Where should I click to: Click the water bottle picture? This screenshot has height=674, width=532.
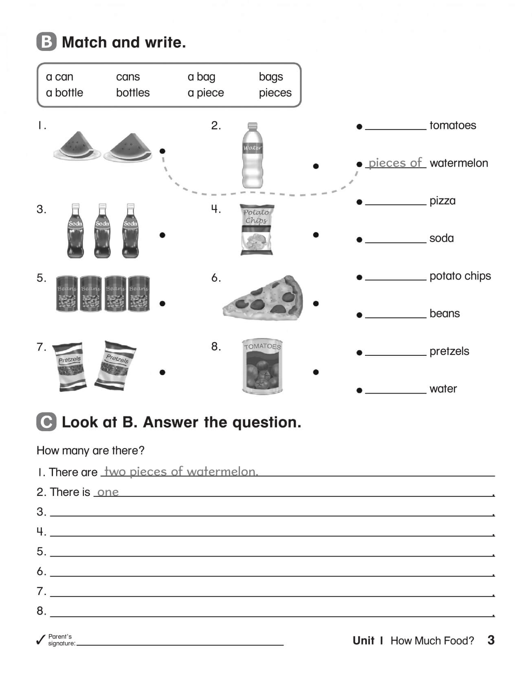[252, 156]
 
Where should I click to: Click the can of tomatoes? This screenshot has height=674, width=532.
[262, 367]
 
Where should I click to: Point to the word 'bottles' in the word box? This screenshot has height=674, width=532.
[133, 93]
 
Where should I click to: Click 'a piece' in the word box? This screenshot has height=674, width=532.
[206, 93]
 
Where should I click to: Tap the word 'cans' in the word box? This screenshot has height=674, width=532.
[128, 77]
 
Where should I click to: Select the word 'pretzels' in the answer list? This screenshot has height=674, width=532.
[449, 351]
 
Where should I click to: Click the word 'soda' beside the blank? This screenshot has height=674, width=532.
[441, 238]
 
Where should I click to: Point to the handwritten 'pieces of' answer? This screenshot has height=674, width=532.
[395, 163]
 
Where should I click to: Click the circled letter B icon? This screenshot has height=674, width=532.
[46, 42]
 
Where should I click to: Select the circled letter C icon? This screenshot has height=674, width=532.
[46, 422]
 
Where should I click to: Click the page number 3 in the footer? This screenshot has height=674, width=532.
[491, 640]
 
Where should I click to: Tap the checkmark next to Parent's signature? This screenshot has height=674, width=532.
[41, 640]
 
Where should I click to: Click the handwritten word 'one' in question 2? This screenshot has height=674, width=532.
[108, 492]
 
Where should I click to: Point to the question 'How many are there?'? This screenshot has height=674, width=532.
[90, 451]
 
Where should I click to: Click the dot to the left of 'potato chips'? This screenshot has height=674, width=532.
[359, 278]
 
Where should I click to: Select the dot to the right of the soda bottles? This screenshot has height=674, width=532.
[163, 235]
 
